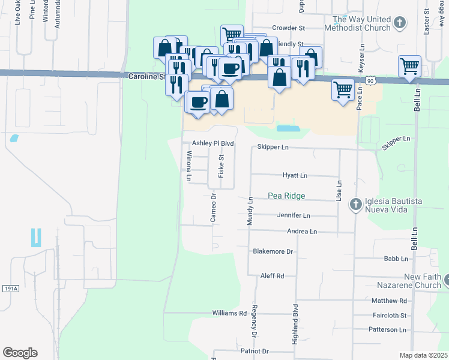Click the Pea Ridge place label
[286, 196]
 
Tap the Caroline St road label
[146, 77]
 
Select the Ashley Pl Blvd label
[212, 144]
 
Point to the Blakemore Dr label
[273, 251]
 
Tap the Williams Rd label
[229, 313]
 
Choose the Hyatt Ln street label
[295, 176]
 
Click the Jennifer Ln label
[294, 215]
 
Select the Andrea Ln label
[302, 231]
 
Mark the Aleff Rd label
[272, 275]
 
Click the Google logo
[20, 353]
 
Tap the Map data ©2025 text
[423, 355]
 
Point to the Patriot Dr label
[254, 350]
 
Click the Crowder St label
[289, 28]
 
